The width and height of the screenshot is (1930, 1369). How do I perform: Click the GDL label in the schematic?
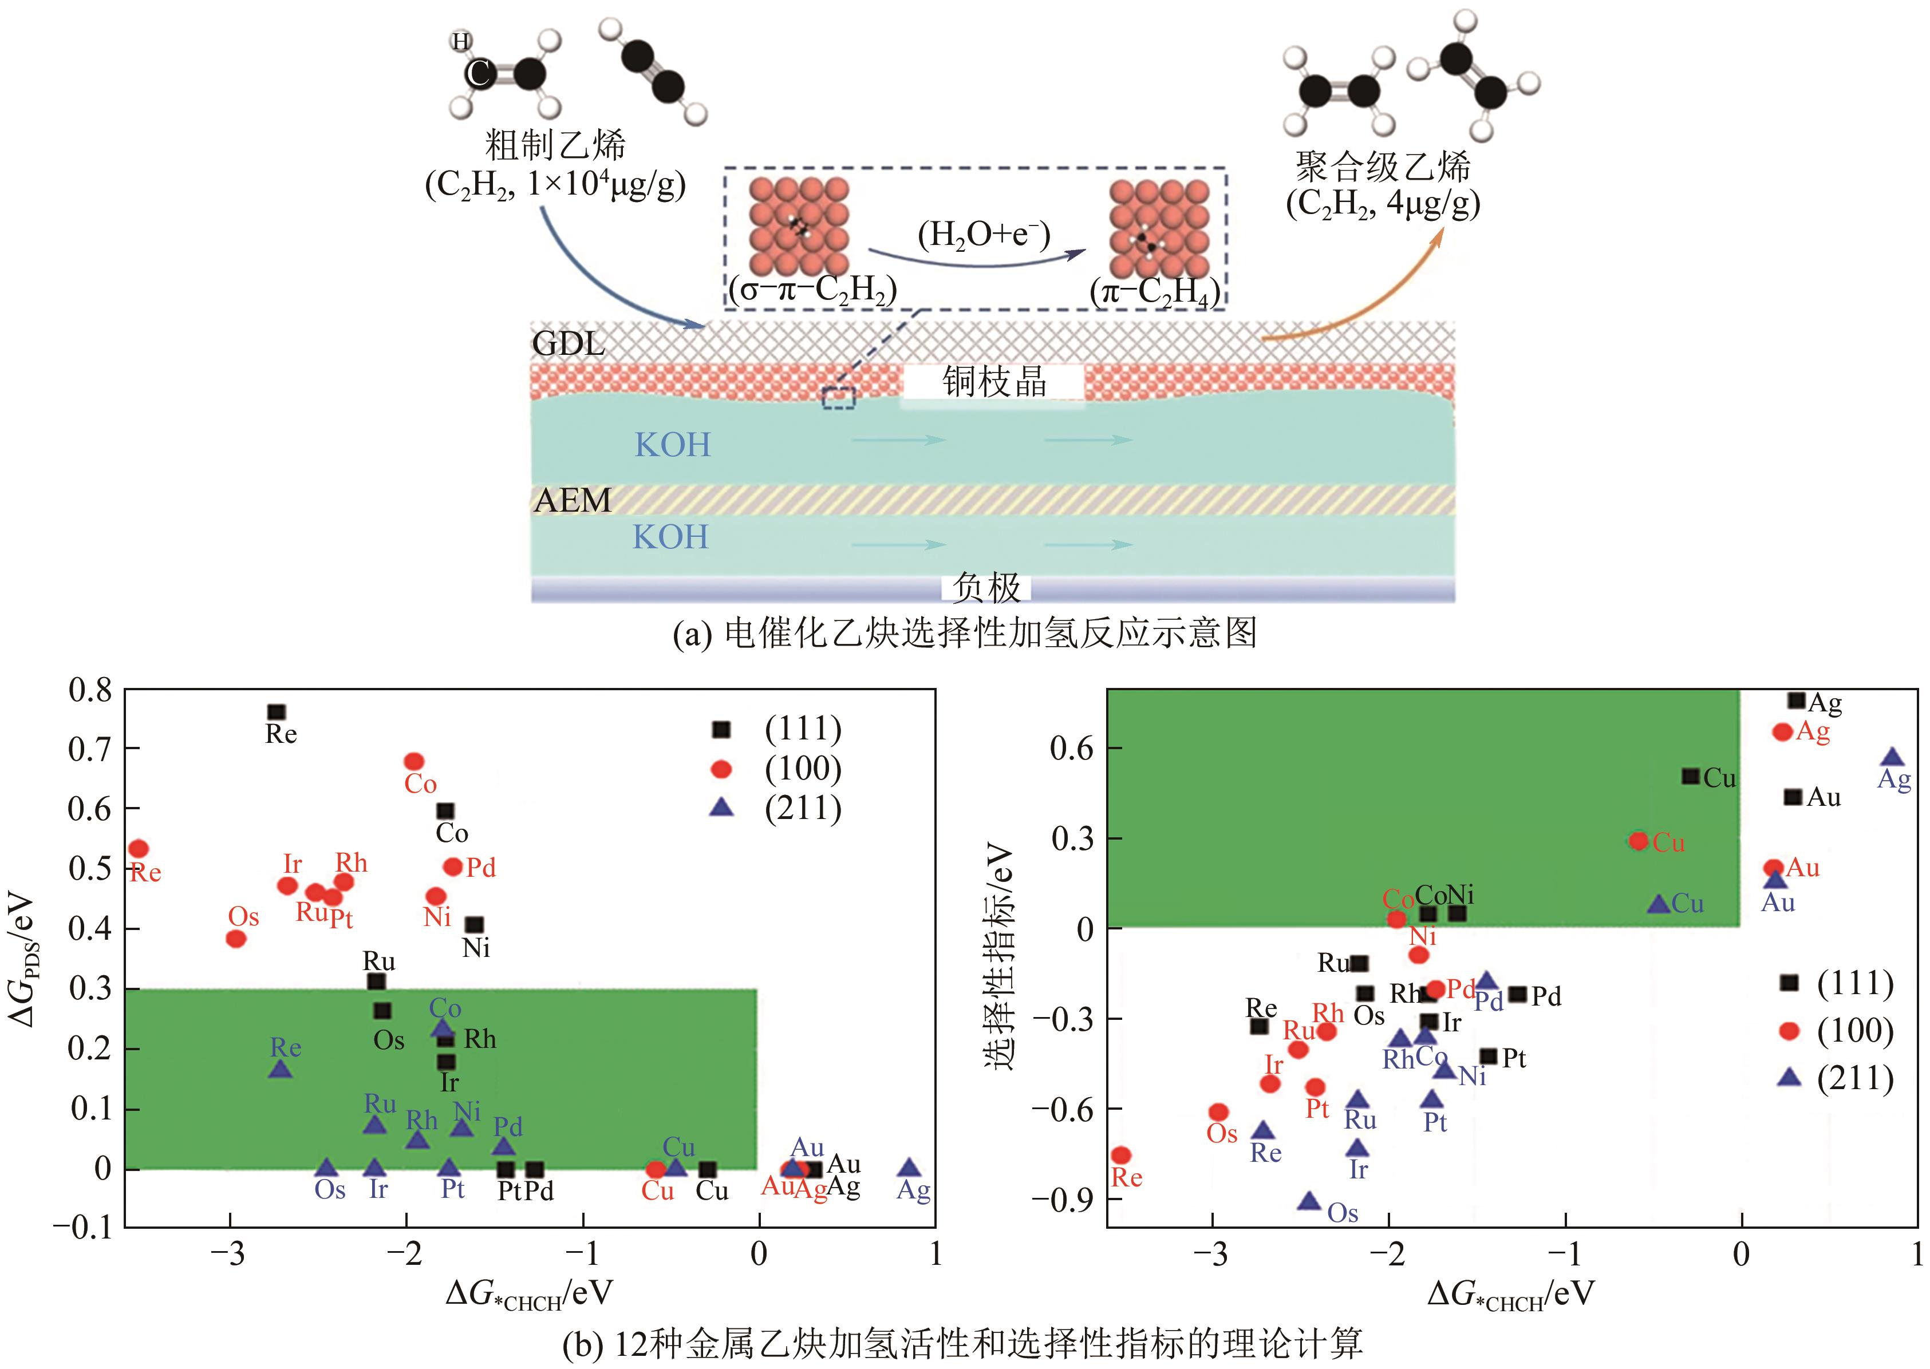(x=569, y=343)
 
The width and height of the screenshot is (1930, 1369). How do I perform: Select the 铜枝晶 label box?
(x=994, y=382)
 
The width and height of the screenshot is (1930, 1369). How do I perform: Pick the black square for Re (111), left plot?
(x=277, y=713)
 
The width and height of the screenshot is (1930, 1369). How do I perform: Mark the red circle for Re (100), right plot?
(x=1122, y=1155)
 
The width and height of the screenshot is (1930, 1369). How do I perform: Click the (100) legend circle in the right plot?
(x=1789, y=1030)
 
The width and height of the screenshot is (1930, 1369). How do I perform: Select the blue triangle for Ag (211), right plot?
(x=1893, y=757)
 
